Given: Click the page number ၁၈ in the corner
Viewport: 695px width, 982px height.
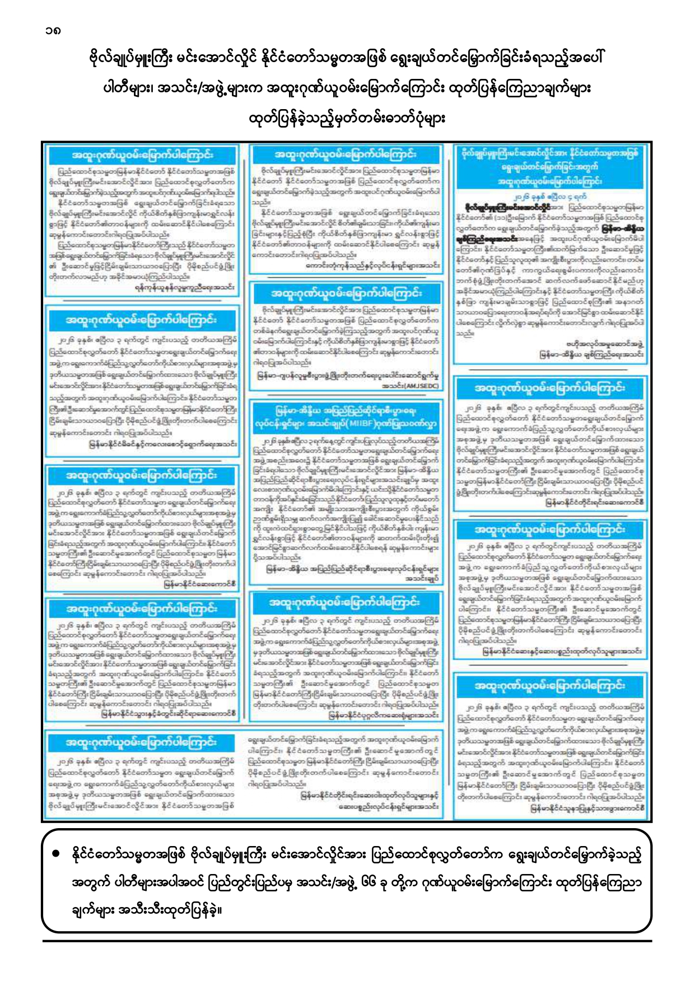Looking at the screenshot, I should (54, 30).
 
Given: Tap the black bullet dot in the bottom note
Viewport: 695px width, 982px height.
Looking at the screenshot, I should (55, 854).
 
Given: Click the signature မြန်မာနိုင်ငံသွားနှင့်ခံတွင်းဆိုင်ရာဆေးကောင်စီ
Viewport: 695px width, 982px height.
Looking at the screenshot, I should (169, 713).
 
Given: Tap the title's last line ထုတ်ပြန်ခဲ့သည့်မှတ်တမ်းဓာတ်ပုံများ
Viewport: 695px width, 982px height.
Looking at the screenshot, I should (347, 119).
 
